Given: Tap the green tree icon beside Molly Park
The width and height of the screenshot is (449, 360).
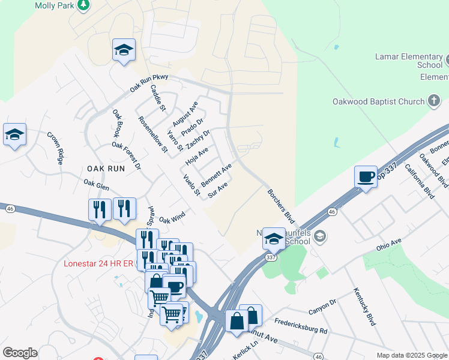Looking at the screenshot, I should [x=84, y=5].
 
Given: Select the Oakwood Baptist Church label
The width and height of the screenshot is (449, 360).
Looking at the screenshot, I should [x=378, y=101].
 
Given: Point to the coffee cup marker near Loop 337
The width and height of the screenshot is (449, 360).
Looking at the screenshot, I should [x=366, y=177].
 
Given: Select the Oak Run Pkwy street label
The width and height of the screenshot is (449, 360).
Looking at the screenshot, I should [x=149, y=83].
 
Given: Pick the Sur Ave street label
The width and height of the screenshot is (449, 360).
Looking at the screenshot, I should [x=217, y=191].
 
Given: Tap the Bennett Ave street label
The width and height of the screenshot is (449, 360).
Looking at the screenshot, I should [x=216, y=175].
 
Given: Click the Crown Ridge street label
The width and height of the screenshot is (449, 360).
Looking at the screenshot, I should [x=55, y=148].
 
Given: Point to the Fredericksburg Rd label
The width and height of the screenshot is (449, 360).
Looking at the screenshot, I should [x=301, y=326].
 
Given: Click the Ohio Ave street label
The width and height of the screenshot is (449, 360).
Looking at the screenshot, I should [x=388, y=245].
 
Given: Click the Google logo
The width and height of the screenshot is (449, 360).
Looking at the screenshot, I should [x=20, y=353].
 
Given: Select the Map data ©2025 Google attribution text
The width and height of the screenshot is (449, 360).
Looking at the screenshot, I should [x=412, y=355].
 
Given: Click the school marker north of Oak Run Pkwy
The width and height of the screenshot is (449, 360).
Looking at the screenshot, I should [x=124, y=50].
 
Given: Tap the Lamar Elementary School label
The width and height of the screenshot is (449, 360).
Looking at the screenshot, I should [x=408, y=61].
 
